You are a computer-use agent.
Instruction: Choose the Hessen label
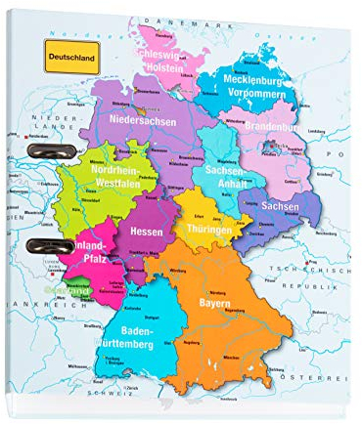click(x=145, y=232)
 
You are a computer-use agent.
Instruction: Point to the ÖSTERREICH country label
click(x=319, y=378)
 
